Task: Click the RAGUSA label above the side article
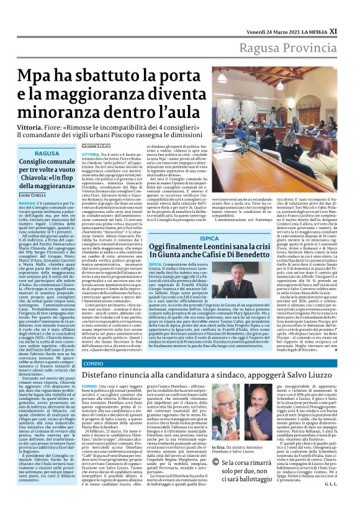pos(48,153)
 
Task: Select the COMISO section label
pos(93,361)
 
